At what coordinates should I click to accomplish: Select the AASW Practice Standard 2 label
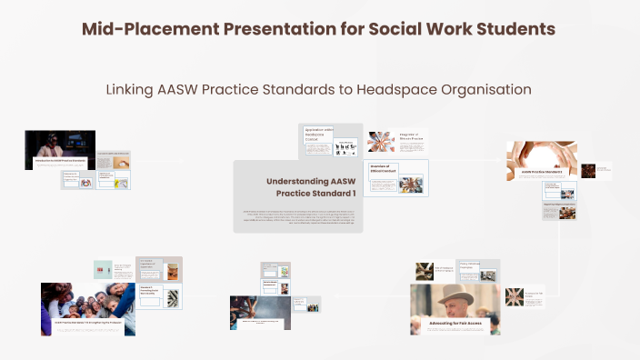click(541, 172)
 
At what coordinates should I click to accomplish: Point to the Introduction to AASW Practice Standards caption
click(58, 161)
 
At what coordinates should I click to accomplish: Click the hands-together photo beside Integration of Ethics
click(379, 142)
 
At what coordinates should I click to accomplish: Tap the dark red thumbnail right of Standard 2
click(589, 170)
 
